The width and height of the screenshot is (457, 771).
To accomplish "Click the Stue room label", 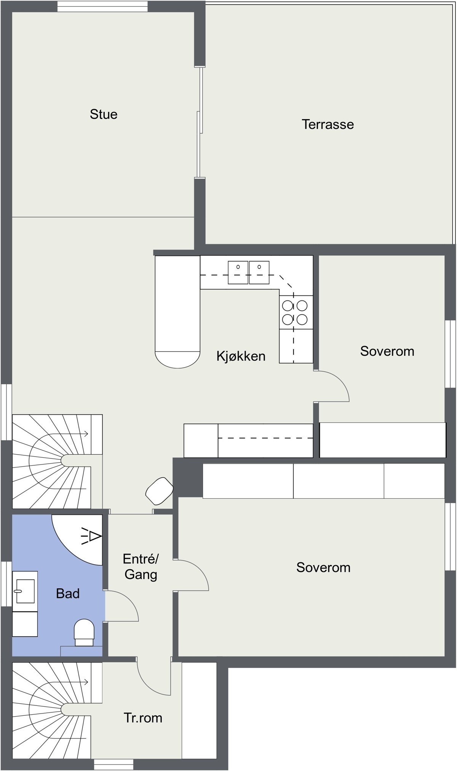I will point(104,114).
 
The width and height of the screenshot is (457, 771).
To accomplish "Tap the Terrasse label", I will point(328,125).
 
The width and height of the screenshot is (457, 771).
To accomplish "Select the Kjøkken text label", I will point(241,356).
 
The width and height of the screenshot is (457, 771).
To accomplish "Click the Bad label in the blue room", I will point(68,593).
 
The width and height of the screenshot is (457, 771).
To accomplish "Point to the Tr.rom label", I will point(143,718).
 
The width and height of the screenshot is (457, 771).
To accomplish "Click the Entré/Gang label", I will point(141,567).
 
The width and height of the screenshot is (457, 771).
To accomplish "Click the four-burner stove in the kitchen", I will point(295,312).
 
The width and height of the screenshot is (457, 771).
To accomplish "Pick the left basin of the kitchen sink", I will point(238,272).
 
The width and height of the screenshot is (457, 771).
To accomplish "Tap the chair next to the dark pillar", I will point(159,491).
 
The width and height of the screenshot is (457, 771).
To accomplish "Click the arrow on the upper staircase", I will point(86,434).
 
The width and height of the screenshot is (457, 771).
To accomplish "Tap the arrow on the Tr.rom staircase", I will point(86,682).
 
